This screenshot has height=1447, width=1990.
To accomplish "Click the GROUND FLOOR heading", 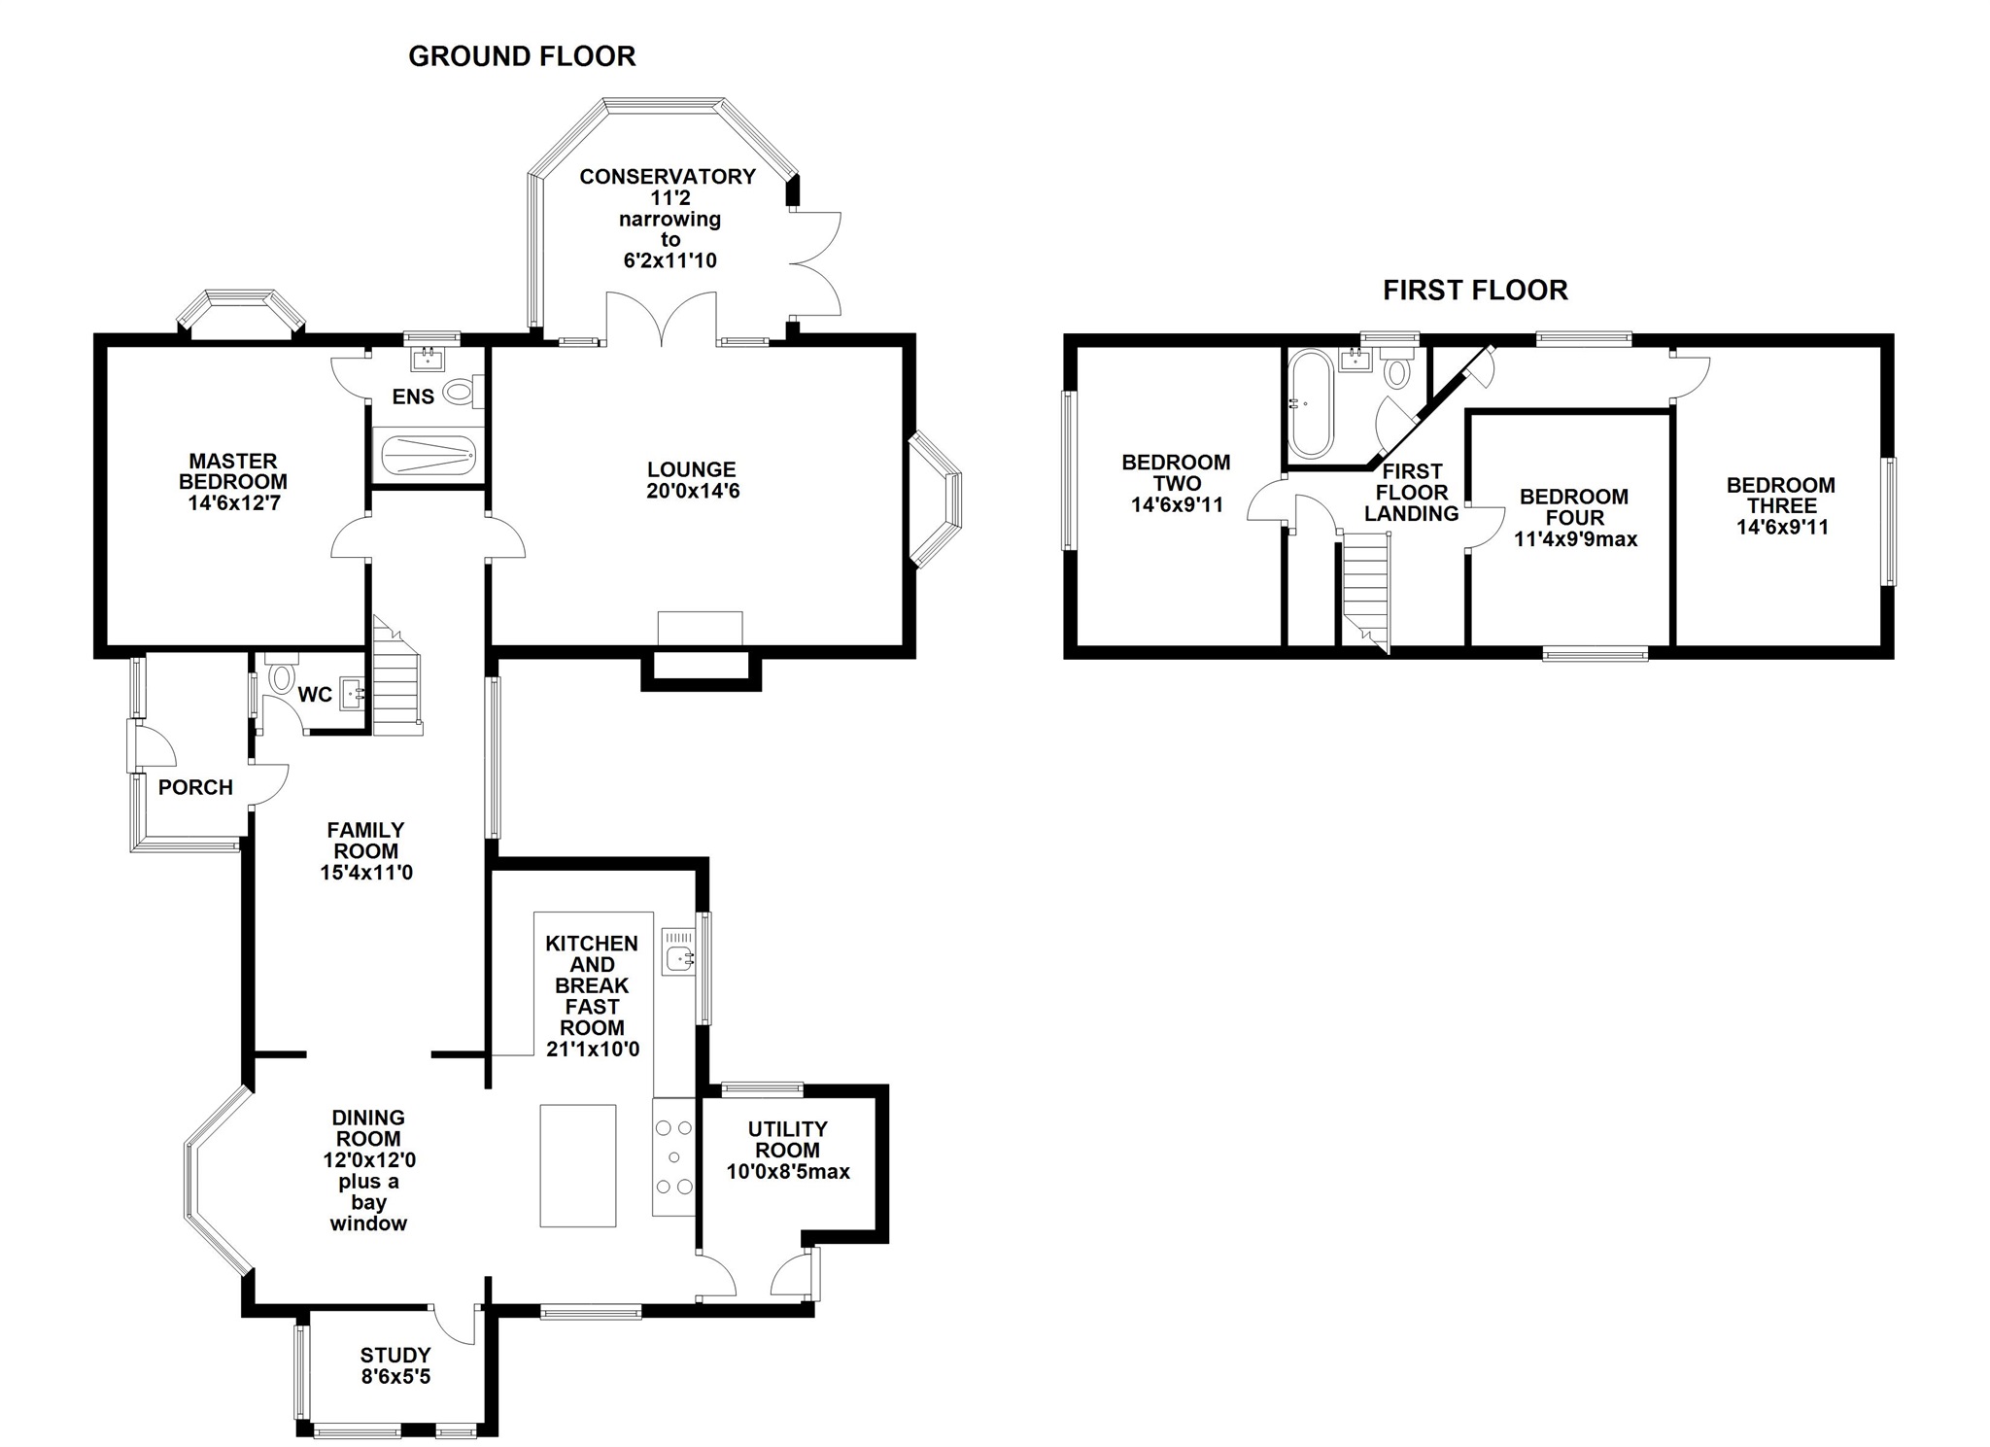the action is (x=522, y=56).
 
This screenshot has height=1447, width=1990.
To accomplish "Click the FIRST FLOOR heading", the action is (x=1475, y=290).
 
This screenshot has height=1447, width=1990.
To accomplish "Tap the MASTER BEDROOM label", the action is (x=233, y=471).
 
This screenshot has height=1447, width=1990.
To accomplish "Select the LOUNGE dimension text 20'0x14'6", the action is (x=693, y=492).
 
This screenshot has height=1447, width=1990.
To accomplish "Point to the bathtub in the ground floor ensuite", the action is (x=429, y=454).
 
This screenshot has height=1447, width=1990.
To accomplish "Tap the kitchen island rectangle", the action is (x=578, y=1165).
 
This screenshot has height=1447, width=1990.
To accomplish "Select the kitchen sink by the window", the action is (x=679, y=950).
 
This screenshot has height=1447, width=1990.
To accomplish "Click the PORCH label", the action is (x=195, y=788).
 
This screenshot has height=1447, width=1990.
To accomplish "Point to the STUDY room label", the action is (x=395, y=1356).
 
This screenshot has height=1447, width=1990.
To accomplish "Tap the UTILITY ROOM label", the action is (x=788, y=1140).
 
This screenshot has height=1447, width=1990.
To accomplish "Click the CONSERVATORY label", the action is (x=668, y=177).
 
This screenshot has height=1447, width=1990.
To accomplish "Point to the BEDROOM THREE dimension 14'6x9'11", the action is (x=1782, y=528).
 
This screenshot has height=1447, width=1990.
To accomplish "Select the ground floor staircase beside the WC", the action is (x=396, y=676).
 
